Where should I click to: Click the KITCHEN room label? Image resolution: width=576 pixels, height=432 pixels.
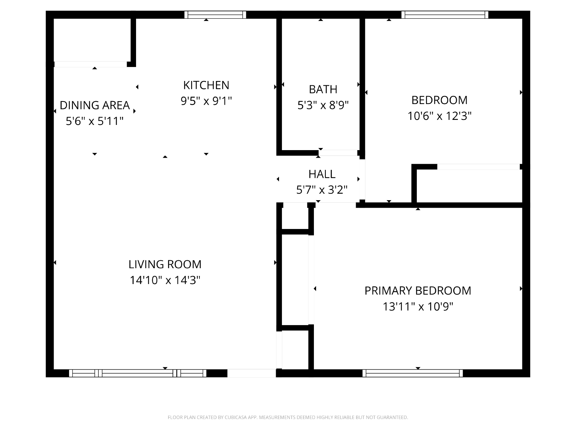206,85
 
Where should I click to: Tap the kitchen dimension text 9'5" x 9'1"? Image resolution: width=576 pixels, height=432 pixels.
206,101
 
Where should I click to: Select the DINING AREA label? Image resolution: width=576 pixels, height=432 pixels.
94,105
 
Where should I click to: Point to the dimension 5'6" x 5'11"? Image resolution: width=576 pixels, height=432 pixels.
94,121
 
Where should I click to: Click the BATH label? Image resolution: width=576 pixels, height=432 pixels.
323,89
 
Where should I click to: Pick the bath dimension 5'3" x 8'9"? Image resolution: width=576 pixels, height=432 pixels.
323,105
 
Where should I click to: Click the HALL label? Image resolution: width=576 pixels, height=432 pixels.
322,174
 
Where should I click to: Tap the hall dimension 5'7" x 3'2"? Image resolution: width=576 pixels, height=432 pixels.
322,190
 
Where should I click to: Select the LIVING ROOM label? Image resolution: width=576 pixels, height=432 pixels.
165,264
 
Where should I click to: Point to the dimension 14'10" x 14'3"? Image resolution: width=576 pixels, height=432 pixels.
165,280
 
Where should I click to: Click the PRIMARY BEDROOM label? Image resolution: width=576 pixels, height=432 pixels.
418,291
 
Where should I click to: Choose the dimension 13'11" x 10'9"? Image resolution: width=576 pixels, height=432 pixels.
418,306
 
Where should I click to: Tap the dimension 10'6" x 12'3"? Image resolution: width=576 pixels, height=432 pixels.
439,116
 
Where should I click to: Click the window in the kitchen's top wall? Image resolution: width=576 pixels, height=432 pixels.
215,15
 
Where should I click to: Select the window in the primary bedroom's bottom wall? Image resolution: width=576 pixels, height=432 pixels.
413,373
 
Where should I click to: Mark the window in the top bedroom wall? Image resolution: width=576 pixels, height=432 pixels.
445,15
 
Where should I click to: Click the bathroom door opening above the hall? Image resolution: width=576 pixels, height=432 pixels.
338,153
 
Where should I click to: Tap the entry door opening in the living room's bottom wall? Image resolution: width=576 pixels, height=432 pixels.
251,373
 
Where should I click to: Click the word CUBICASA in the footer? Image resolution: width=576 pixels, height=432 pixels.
235,417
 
